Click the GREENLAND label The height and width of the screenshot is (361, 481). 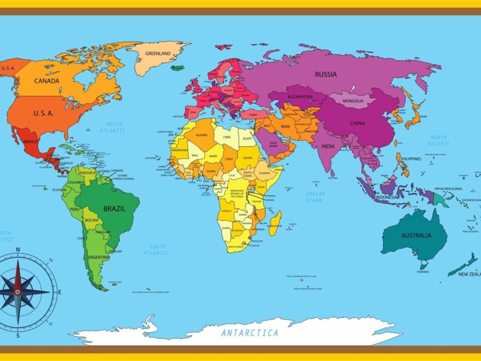pyautogui.click(x=159, y=54)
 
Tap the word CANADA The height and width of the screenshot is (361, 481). pyautogui.click(x=46, y=81)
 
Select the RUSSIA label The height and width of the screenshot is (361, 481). pyautogui.click(x=326, y=74)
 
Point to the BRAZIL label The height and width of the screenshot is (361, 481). pyautogui.click(x=115, y=208)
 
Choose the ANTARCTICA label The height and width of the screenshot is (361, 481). pyautogui.click(x=250, y=333)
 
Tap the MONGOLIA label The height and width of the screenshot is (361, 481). pyautogui.click(x=353, y=101)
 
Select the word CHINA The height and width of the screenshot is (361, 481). pyautogui.click(x=357, y=123)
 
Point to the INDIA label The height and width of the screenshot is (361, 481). pyautogui.click(x=328, y=146)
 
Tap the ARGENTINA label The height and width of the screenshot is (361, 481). pyautogui.click(x=99, y=257)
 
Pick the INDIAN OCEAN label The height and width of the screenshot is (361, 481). pyautogui.click(x=315, y=197)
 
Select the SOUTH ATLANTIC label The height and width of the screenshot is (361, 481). pyautogui.click(x=156, y=249)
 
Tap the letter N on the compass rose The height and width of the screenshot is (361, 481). pyautogui.click(x=17, y=251)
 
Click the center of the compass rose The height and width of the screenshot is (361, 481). pyautogui.click(x=17, y=292)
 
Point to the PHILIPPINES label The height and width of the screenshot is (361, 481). pyautogui.click(x=410, y=159)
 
